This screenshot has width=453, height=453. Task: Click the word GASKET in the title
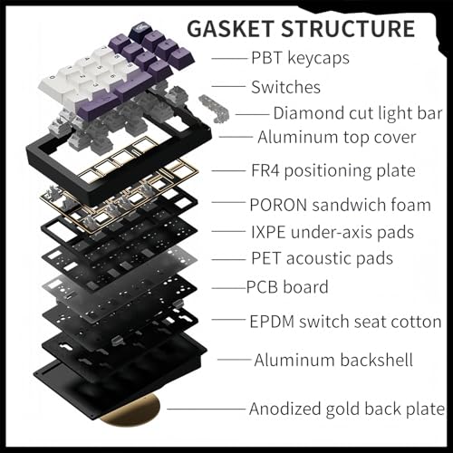[x=231, y=29]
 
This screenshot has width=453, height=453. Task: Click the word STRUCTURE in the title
[x=348, y=29]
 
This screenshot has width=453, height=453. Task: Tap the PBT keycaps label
[x=300, y=58]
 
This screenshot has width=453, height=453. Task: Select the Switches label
[x=285, y=87]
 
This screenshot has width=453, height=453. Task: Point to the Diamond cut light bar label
[x=358, y=113]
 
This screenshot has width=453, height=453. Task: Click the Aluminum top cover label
[x=337, y=138]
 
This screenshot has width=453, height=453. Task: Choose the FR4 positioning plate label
[x=333, y=170]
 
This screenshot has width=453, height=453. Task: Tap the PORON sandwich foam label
[x=340, y=205]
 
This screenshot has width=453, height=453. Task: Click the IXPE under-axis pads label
[x=333, y=232]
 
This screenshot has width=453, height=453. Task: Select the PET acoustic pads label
[x=322, y=258]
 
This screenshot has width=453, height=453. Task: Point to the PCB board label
[x=287, y=287]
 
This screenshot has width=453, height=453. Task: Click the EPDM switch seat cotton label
[x=345, y=322]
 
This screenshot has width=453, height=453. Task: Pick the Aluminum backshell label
[x=333, y=360]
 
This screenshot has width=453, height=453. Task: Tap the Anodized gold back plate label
[x=347, y=409]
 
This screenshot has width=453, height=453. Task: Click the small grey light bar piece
[x=214, y=109]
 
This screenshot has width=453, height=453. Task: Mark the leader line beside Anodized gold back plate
[x=206, y=410]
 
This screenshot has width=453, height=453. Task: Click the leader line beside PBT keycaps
[x=229, y=58]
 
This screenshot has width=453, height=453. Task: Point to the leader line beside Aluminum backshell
[x=235, y=360]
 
